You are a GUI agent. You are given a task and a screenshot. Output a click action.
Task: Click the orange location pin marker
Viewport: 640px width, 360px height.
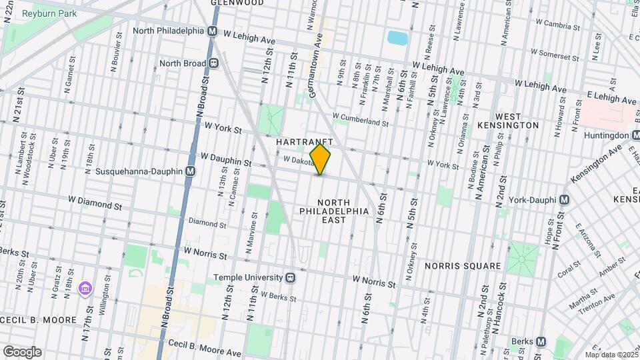(x=320, y=159)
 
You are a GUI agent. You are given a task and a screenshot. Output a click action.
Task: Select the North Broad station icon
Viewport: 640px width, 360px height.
(x=214, y=63)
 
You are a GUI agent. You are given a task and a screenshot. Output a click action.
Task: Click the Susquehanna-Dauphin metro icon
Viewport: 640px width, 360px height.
(x=191, y=171)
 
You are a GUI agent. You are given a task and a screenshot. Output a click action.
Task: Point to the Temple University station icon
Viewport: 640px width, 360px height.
(x=291, y=277)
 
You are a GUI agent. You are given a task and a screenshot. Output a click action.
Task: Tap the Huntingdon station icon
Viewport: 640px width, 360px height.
(x=635, y=135)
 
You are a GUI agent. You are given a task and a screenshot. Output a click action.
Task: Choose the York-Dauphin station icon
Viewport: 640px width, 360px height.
(x=564, y=199)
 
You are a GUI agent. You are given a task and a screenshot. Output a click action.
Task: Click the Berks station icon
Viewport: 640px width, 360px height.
(x=541, y=342)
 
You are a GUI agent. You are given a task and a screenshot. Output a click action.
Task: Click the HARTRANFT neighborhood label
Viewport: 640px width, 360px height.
(x=304, y=143)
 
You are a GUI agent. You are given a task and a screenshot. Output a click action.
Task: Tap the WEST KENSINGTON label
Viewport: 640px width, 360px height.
(x=508, y=120)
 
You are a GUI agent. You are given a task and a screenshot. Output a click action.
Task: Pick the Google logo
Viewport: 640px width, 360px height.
(x=21, y=352)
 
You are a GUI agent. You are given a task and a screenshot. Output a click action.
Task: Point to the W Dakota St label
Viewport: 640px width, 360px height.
(x=297, y=160)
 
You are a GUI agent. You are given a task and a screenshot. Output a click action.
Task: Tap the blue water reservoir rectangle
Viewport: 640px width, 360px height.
(x=397, y=37)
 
